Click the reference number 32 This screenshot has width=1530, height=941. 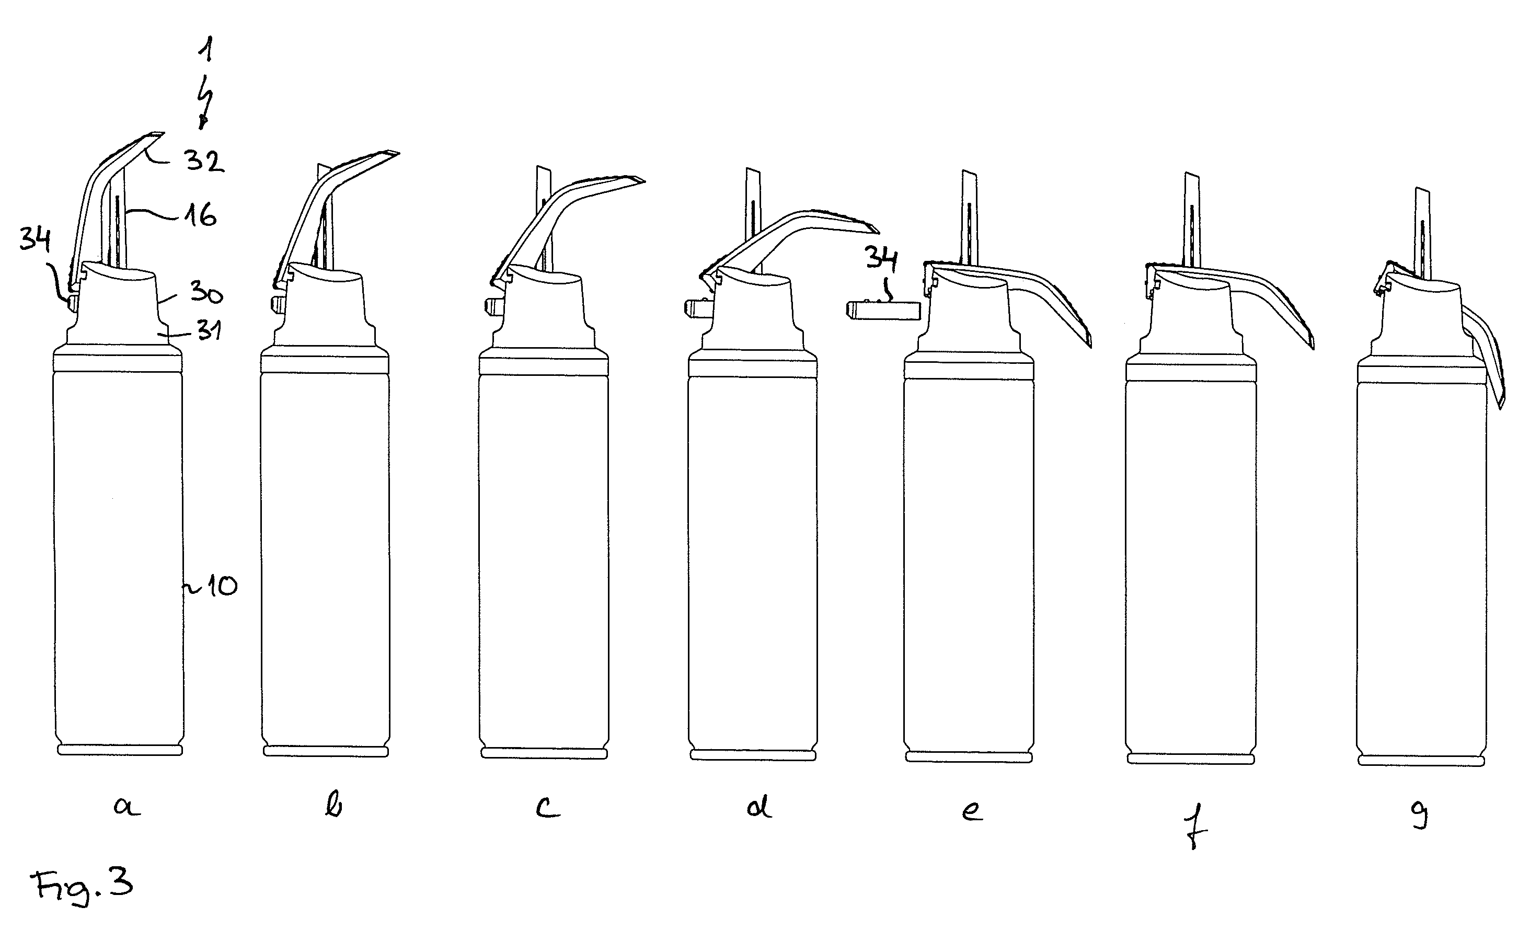(204, 162)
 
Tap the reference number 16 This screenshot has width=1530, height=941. (200, 215)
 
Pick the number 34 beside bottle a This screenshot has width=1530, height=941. (36, 239)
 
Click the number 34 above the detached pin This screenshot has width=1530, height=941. (881, 258)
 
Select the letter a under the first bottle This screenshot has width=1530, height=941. (126, 807)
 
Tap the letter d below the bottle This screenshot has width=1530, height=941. (759, 807)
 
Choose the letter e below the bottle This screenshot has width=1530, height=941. (972, 811)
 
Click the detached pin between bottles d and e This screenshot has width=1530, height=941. (883, 310)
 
